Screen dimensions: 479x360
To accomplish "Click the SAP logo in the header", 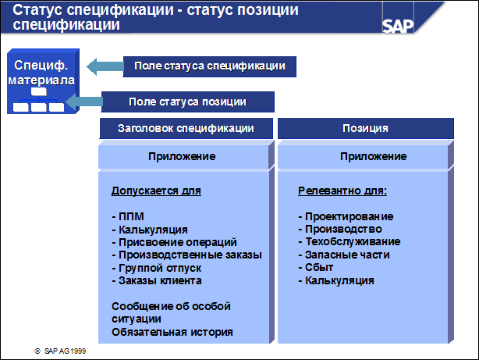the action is pyautogui.click(x=398, y=27).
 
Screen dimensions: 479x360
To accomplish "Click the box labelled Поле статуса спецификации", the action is pyautogui.click(x=210, y=66).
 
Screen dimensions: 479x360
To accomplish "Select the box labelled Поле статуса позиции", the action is pyautogui.click(x=188, y=102).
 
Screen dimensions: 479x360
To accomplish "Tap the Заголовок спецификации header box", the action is pyautogui.click(x=186, y=129).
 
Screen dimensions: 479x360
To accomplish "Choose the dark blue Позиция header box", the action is pyautogui.click(x=366, y=129).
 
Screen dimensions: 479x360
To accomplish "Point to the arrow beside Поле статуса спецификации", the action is pyautogui.click(x=105, y=66).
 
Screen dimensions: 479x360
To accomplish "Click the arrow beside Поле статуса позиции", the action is pyautogui.click(x=84, y=102).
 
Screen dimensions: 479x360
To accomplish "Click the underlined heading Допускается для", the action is pyautogui.click(x=156, y=191).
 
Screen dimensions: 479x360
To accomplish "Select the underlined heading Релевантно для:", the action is pyautogui.click(x=342, y=191).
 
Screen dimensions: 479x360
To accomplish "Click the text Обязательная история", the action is pyautogui.click(x=172, y=332).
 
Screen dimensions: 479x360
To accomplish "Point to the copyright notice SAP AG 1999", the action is pyautogui.click(x=60, y=351).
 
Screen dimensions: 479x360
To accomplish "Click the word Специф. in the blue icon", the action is pyautogui.click(x=41, y=66).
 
